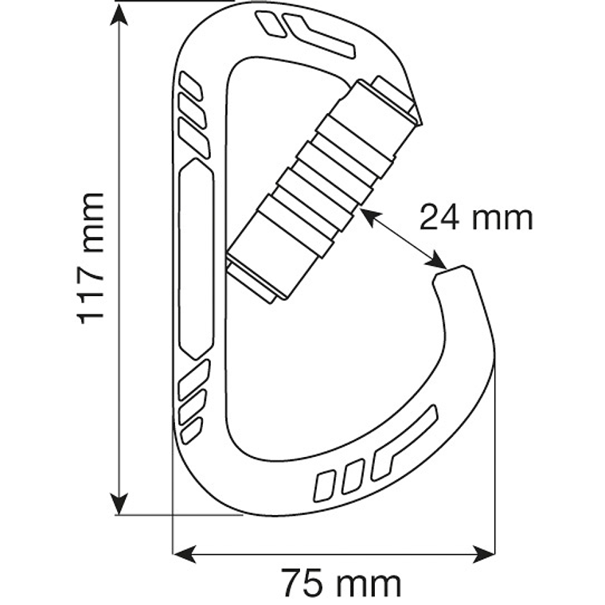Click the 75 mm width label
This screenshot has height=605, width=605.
(342, 584)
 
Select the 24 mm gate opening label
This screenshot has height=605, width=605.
(475, 217)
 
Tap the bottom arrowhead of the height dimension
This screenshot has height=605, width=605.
(119, 505)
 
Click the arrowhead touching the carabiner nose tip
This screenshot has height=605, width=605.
(436, 260)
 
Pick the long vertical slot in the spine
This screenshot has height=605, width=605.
(197, 256)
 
